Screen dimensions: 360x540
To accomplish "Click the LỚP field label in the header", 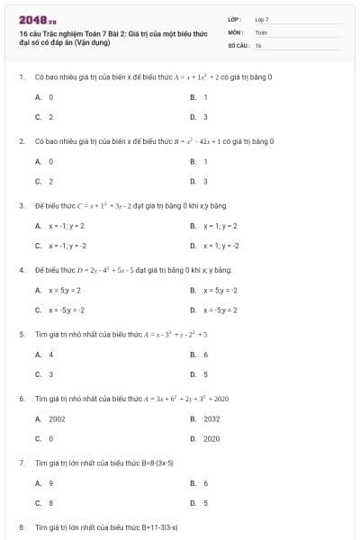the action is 235,18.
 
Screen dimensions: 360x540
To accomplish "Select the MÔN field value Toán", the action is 261,31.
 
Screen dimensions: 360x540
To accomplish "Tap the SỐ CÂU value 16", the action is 258,44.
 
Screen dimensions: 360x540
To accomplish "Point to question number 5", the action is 21,334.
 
